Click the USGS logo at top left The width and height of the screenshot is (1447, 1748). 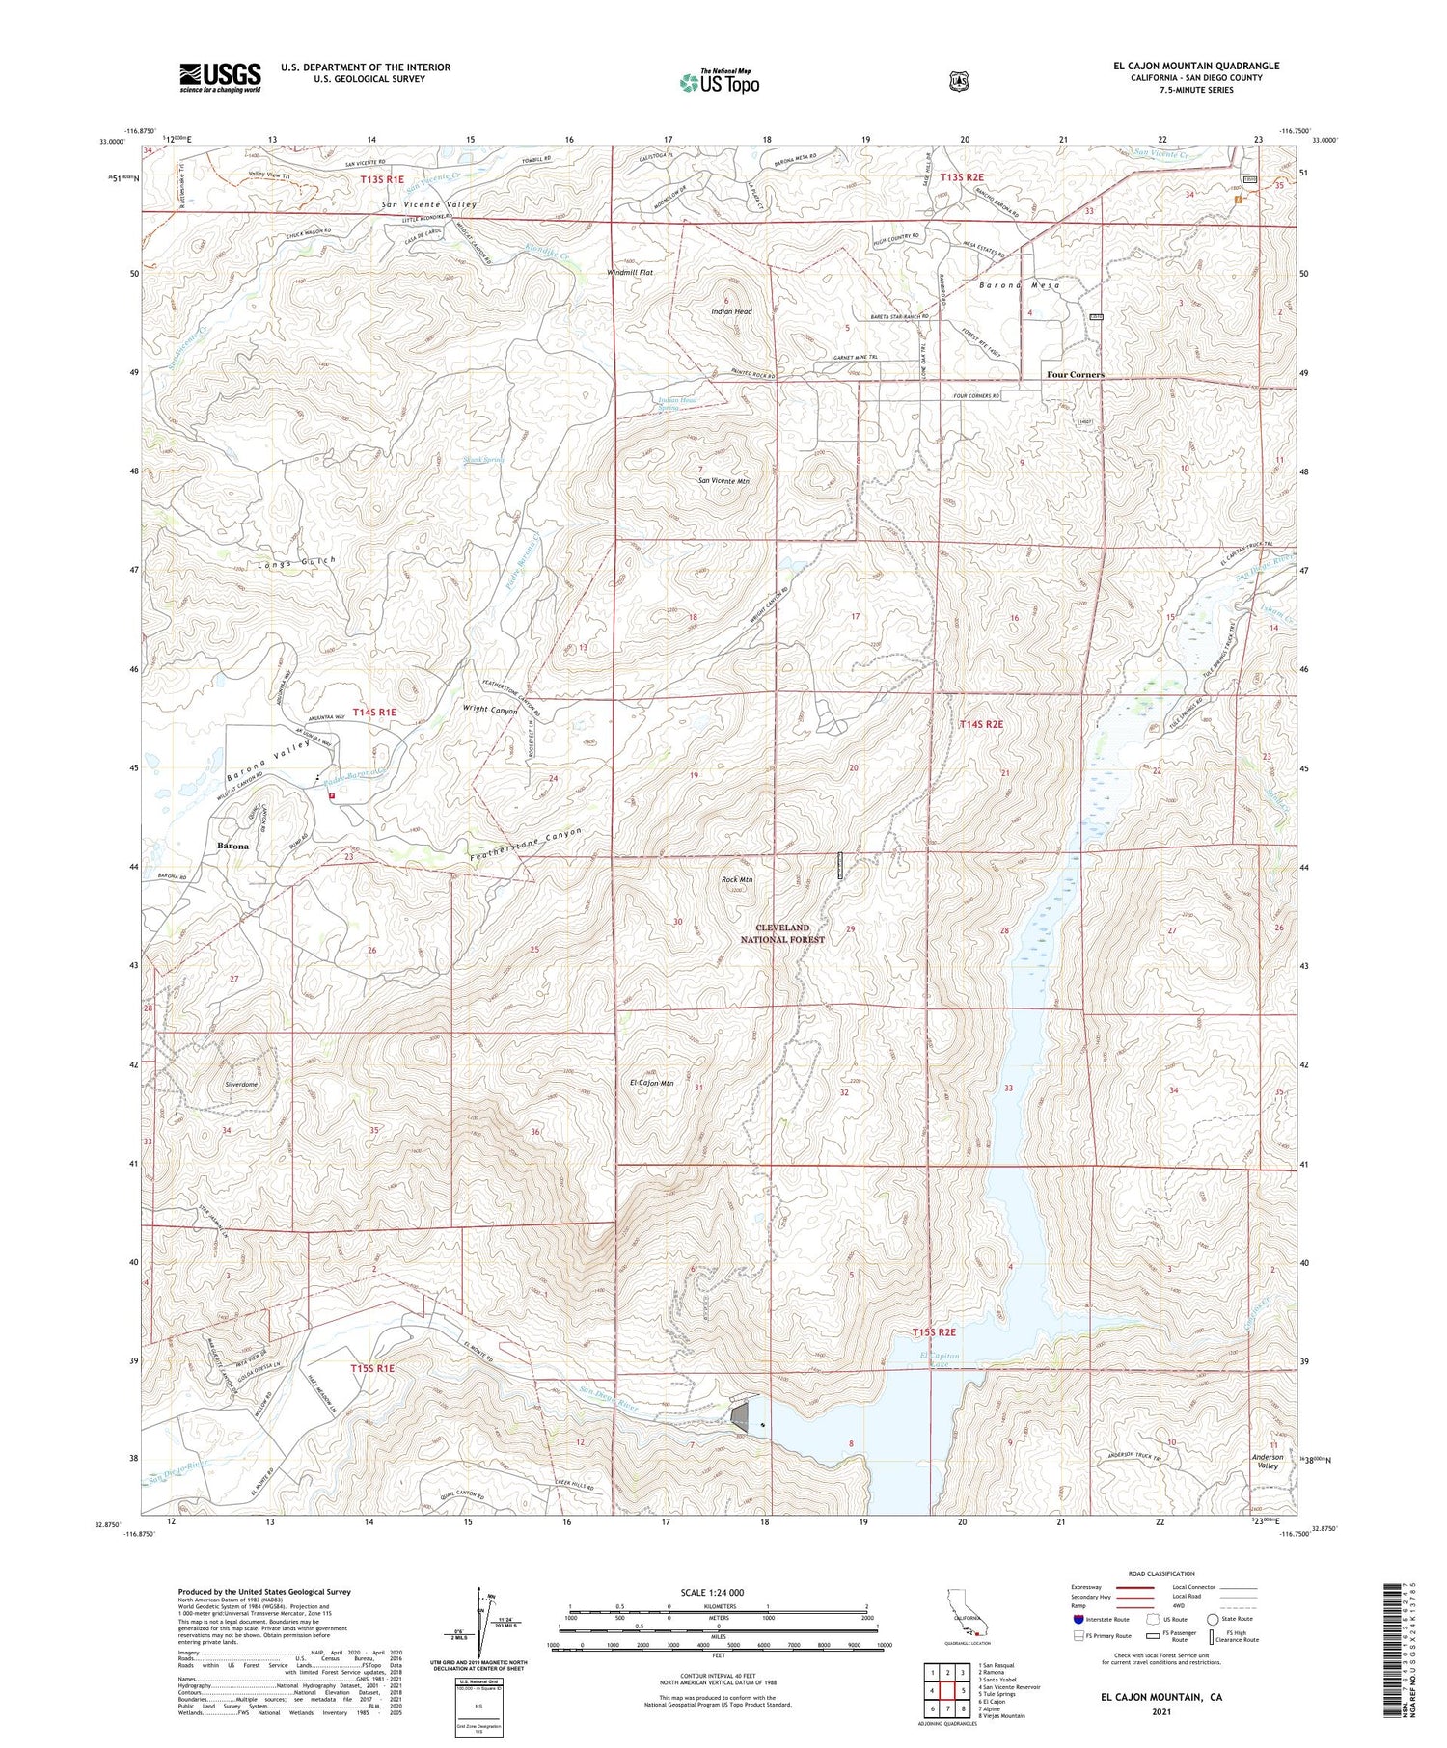[x=220, y=77]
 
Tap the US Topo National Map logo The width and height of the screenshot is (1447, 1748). [x=719, y=82]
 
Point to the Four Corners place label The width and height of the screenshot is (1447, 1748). [x=1076, y=374]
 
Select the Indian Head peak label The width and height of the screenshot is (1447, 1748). [x=730, y=311]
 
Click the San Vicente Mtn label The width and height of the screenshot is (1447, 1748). [x=723, y=480]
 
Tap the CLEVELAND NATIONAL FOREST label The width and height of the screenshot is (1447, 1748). [x=782, y=933]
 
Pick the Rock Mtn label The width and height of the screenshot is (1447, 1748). [x=737, y=879]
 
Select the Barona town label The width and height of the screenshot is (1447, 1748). [x=232, y=846]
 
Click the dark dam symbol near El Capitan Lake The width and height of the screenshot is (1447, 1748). [x=741, y=1416]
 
